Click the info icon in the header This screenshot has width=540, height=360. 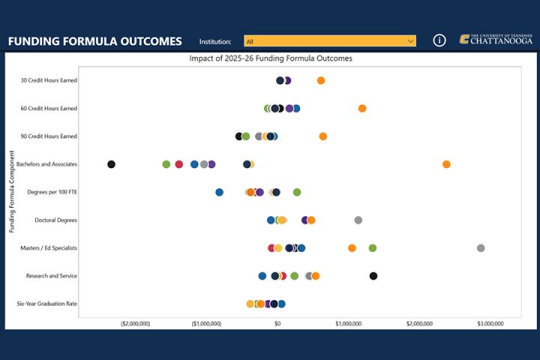pyautogui.click(x=440, y=40)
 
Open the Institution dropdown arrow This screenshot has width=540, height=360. pyautogui.click(x=410, y=41)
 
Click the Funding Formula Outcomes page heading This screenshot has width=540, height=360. pyautogui.click(x=95, y=41)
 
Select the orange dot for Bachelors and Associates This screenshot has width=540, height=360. pyautogui.click(x=446, y=164)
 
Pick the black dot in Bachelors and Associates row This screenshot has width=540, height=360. pyautogui.click(x=112, y=164)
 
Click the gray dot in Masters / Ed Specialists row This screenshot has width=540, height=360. pyautogui.click(x=481, y=248)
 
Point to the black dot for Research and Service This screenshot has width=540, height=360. pyautogui.click(x=373, y=276)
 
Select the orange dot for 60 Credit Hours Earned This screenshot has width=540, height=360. pyautogui.click(x=362, y=109)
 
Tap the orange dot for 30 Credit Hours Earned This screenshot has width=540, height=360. pyautogui.click(x=321, y=80)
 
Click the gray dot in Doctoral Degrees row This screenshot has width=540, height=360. pyautogui.click(x=358, y=220)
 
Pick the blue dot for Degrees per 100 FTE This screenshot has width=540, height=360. pyautogui.click(x=219, y=193)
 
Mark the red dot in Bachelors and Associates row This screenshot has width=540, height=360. pyautogui.click(x=179, y=164)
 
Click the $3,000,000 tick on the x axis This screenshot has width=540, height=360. pyautogui.click(x=490, y=323)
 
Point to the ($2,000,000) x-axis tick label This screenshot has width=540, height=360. pyautogui.click(x=136, y=323)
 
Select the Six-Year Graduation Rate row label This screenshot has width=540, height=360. pyautogui.click(x=47, y=304)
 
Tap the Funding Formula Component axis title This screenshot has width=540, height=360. pyautogui.click(x=12, y=192)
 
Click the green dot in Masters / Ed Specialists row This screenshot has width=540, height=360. pyautogui.click(x=373, y=248)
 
